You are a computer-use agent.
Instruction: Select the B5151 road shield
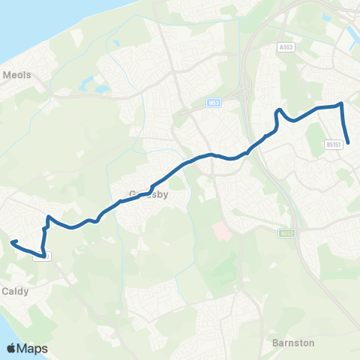tap(334, 144)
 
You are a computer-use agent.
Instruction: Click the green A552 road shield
tap(286, 233)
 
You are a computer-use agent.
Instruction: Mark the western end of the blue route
tap(12, 242)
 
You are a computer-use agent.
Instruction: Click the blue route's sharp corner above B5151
tap(341, 104)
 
